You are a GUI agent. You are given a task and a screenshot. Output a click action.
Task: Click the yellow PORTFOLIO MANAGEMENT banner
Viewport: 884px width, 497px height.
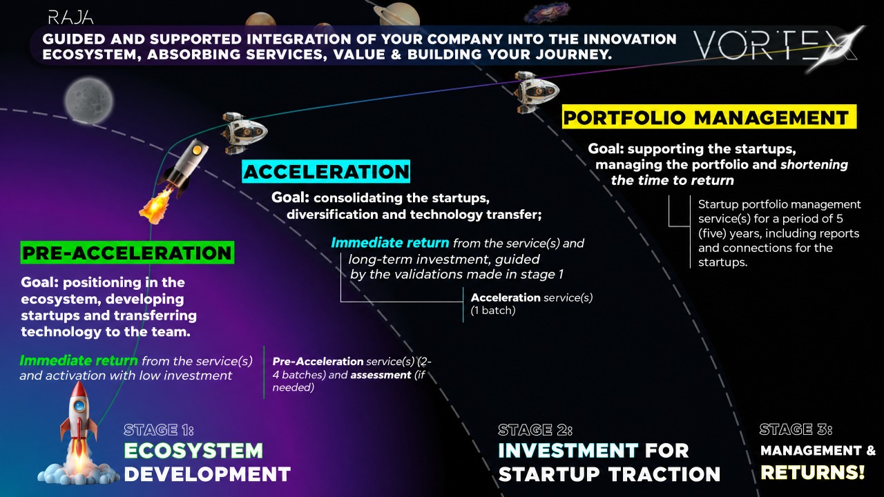click(709, 117)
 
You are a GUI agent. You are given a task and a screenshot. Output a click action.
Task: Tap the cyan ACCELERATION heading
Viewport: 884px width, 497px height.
click(326, 171)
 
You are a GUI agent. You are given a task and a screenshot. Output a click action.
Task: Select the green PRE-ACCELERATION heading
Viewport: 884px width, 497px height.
click(127, 253)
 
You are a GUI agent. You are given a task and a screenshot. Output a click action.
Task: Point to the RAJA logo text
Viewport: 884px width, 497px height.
click(70, 18)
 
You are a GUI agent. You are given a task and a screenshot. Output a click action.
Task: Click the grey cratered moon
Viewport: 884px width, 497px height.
click(89, 101)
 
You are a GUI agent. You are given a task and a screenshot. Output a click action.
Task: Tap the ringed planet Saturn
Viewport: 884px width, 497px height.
click(397, 15)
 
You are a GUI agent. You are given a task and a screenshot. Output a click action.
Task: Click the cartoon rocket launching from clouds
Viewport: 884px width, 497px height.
click(79, 434)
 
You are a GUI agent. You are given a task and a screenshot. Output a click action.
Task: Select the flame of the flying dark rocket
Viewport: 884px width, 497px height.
click(156, 206)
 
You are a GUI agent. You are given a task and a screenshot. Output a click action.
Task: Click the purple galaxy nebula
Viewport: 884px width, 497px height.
click(547, 12)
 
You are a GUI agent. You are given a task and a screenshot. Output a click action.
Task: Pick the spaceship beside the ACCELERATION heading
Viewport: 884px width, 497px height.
click(242, 133)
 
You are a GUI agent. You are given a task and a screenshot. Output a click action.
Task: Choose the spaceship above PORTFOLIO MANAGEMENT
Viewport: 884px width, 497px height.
click(535, 92)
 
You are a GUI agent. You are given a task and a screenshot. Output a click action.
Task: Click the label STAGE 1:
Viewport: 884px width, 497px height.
click(159, 429)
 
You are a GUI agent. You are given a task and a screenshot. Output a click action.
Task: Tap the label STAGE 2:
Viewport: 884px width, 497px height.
click(535, 429)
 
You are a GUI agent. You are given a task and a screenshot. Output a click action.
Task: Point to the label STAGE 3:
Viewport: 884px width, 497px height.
click(796, 429)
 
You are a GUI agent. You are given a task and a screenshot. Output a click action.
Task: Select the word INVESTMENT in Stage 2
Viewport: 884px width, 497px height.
click(568, 451)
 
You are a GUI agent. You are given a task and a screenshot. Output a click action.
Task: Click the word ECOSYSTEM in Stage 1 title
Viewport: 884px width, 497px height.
click(193, 451)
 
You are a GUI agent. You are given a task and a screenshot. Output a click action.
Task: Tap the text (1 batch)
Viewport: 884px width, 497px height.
click(493, 311)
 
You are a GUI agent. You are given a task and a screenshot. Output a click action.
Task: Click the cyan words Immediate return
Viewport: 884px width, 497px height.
click(390, 242)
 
